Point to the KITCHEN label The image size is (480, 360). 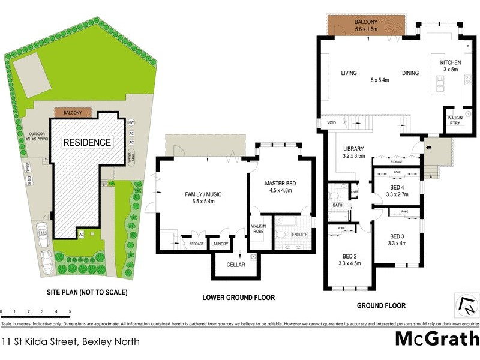pyautogui.click(x=451, y=62)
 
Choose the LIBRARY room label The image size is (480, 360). pyautogui.click(x=354, y=149)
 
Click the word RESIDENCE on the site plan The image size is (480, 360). pyautogui.click(x=88, y=142)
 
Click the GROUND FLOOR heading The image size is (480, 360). pyautogui.click(x=381, y=305)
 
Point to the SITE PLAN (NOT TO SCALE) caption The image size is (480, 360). pyautogui.click(x=88, y=293)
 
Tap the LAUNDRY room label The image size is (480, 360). pyautogui.click(x=220, y=244)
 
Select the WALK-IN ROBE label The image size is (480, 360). pyautogui.click(x=258, y=229)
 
